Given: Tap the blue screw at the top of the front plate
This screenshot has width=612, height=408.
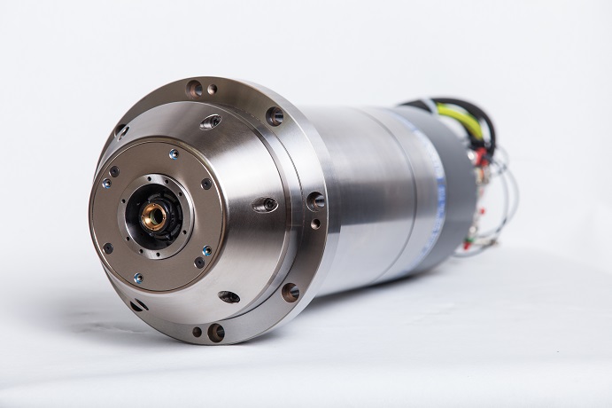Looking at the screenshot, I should (x=174, y=153).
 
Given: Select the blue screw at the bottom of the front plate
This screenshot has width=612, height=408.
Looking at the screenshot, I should (x=137, y=278).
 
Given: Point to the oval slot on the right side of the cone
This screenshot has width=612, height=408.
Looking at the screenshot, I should (x=265, y=205).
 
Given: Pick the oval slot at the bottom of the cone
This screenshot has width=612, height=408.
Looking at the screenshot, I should (x=229, y=297).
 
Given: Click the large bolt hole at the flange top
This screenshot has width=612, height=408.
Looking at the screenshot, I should (x=194, y=88).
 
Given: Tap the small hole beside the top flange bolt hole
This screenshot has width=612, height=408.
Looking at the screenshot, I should (x=213, y=89).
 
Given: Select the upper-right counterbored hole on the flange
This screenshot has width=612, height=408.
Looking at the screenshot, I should (x=275, y=116).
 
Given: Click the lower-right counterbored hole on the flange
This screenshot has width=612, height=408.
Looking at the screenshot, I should (x=290, y=292).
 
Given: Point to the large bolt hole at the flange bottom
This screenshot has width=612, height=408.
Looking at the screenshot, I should (x=215, y=333).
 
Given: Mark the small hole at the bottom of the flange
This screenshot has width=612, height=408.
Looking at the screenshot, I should (x=197, y=332).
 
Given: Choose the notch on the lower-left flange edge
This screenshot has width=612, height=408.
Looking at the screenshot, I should (x=137, y=306).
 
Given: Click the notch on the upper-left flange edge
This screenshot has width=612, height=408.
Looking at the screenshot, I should (x=121, y=130).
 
